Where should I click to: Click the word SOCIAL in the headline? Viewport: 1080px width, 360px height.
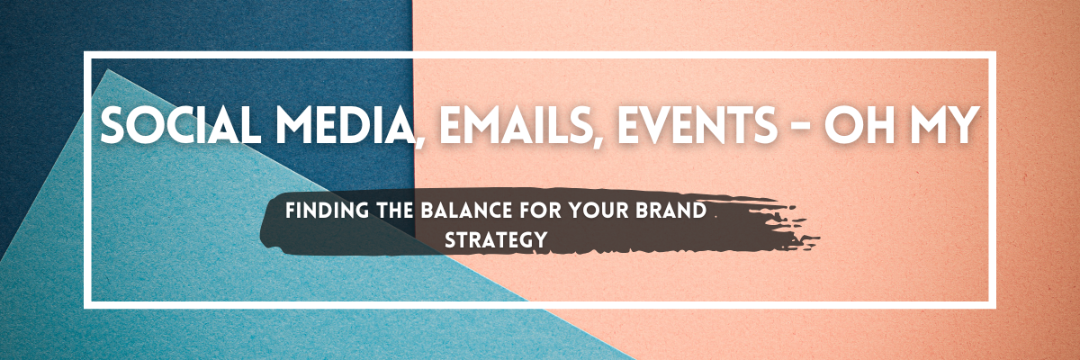(180, 125)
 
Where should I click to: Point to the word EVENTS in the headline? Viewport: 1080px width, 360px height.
(691, 125)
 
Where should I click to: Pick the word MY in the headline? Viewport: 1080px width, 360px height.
(944, 125)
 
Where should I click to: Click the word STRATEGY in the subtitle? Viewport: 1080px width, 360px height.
(496, 239)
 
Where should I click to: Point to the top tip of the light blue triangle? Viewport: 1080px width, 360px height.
(109, 69)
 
